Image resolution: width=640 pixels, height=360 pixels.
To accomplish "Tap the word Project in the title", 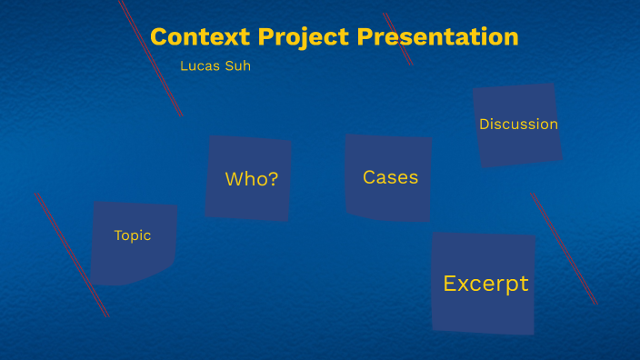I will tap(305, 37).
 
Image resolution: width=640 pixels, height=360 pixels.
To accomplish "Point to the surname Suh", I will tap(238, 65).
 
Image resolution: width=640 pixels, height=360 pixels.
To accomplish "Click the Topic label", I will tap(132, 235).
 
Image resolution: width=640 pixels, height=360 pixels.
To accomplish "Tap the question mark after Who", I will tap(273, 179).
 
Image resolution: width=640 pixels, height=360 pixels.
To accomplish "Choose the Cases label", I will tap(390, 177).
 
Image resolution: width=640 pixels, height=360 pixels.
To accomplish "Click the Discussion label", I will tap(518, 125).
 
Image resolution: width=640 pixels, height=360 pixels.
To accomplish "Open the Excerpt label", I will tap(485, 284).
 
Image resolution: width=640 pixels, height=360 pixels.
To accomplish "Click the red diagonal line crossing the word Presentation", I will tap(398, 38).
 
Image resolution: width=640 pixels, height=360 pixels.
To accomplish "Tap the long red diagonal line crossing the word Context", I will tap(150, 56).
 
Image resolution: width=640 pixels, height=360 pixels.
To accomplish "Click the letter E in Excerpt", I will tap(449, 284).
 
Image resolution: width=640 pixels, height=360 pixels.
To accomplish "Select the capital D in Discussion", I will tap(485, 125).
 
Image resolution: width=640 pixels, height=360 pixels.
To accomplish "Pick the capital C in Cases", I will tap(369, 177).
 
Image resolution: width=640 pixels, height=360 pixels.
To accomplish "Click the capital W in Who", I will tap(234, 179).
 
